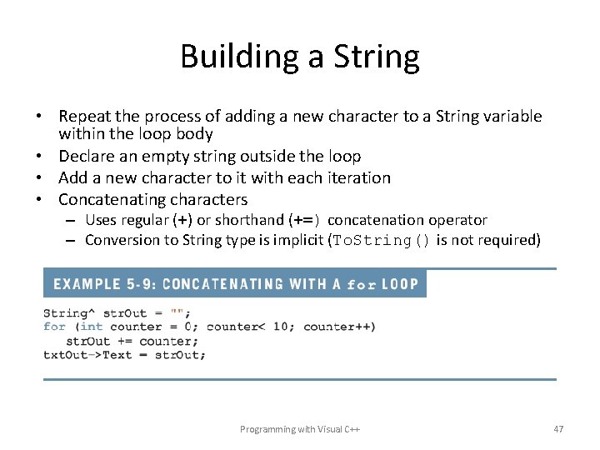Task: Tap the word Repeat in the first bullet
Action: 85,117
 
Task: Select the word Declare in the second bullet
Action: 87,156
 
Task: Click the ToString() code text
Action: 382,241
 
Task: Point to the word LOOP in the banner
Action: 400,284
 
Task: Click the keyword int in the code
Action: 92,327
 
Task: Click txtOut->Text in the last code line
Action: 88,354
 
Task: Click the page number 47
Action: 558,429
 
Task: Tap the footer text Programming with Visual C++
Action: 300,429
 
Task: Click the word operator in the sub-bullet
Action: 457,220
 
